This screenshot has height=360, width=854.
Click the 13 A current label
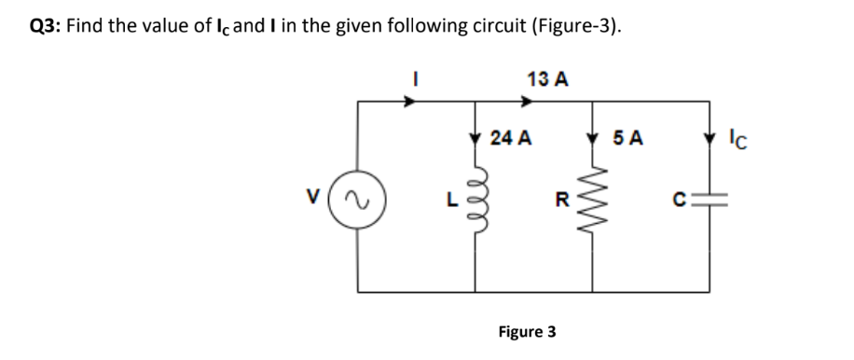point(547,78)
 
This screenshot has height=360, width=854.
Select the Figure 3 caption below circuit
point(527,331)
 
